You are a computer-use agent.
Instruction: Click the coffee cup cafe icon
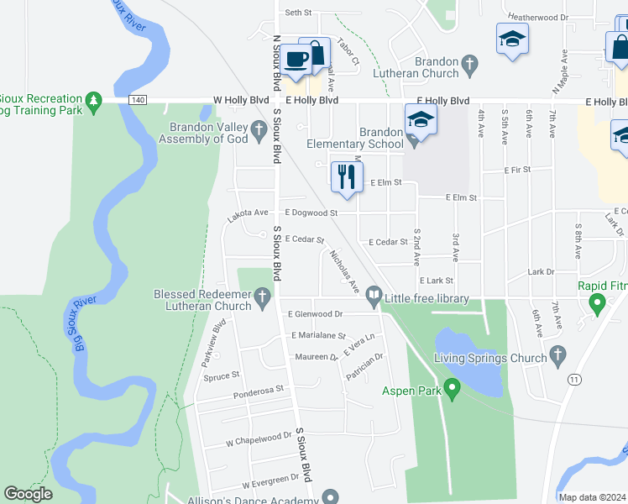[296, 59]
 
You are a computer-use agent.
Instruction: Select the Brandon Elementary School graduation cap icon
[421, 120]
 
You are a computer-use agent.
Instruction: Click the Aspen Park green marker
[452, 390]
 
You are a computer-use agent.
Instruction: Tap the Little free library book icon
[372, 296]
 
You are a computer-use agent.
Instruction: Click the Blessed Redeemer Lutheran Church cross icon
[262, 296]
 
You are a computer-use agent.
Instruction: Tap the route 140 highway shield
[137, 100]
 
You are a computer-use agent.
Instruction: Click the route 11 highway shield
[574, 380]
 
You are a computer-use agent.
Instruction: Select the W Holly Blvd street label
[242, 100]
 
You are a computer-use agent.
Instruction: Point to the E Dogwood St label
[311, 213]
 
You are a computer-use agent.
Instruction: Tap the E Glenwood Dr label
[315, 314]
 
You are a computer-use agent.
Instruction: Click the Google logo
[28, 494]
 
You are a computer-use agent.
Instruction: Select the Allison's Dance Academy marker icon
[330, 497]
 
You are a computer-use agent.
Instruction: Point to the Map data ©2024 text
[592, 497]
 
